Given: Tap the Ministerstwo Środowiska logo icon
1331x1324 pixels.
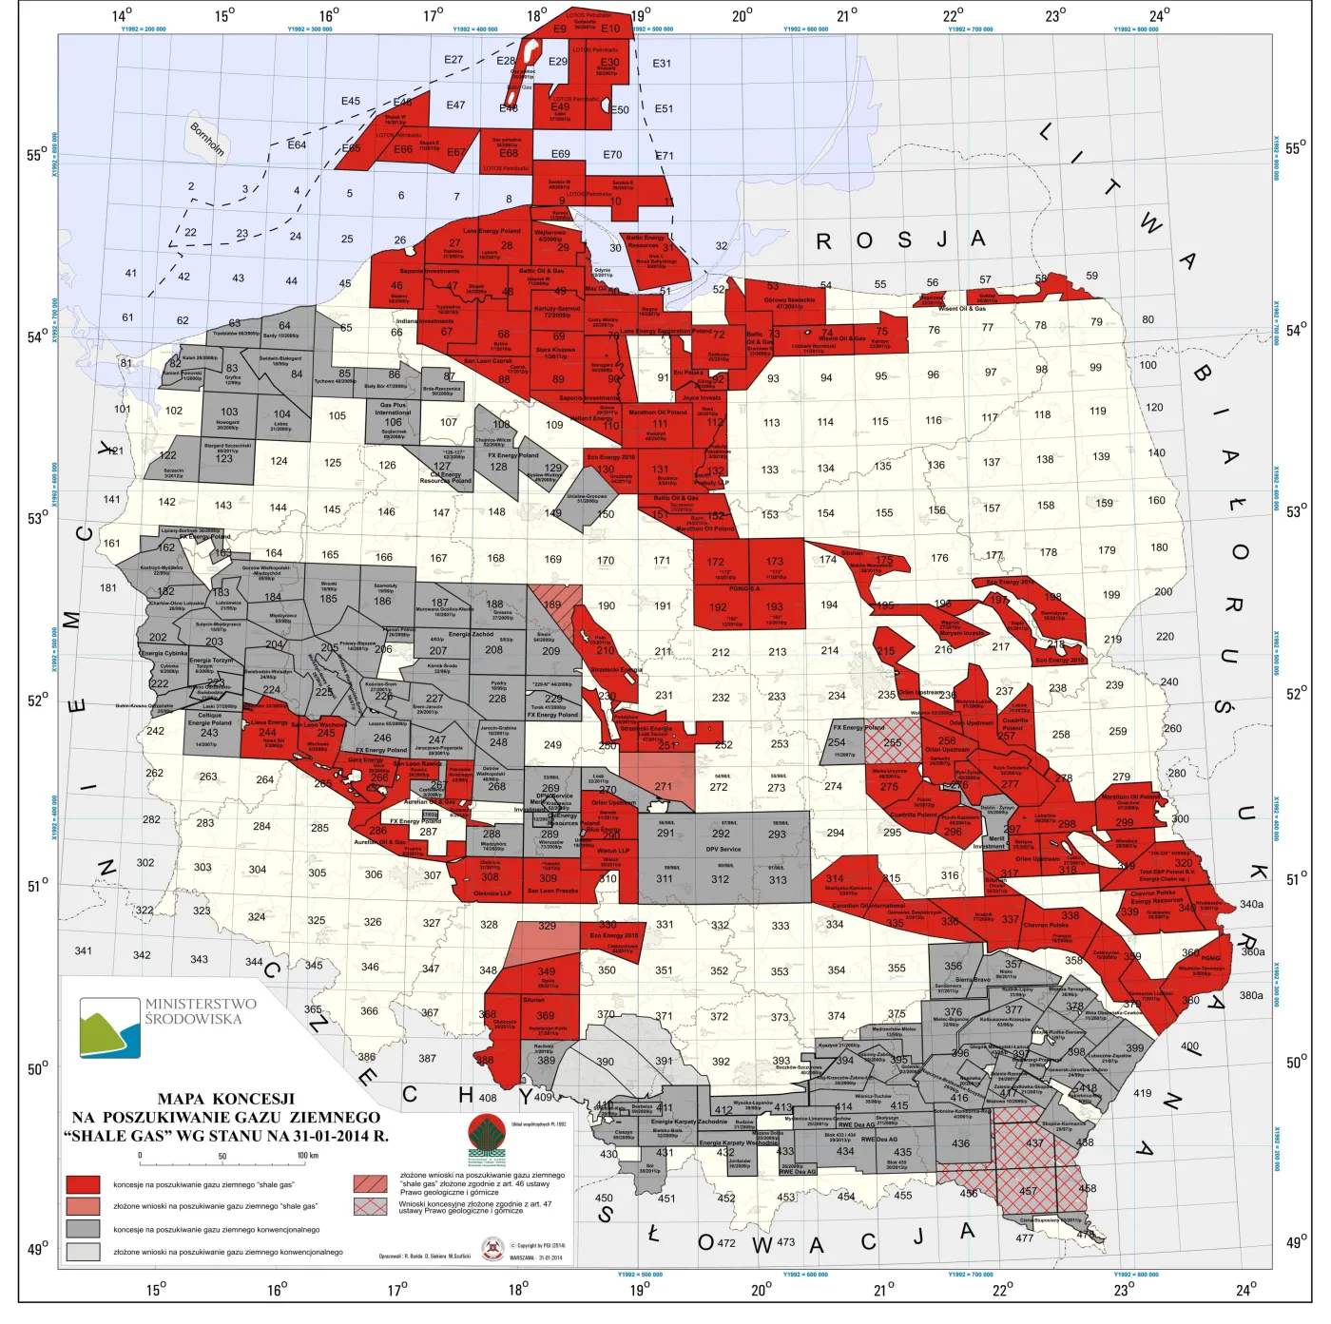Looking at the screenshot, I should pos(110,1027).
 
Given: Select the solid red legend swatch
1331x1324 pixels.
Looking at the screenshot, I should pos(83,1184).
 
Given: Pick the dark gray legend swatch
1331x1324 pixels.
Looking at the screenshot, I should pos(83,1229).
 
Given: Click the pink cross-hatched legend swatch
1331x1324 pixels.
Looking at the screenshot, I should pos(370,1206).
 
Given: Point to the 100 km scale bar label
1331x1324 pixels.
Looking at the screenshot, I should pos(307,1156).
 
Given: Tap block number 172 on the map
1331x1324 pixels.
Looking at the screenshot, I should pos(715,562).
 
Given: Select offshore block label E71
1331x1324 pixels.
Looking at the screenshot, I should pos(664,156).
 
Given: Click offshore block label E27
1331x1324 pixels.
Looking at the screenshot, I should pos(453,60).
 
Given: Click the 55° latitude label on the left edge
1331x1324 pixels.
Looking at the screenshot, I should pos(37,156).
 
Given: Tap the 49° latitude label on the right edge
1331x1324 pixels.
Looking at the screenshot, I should pos(1296,1242).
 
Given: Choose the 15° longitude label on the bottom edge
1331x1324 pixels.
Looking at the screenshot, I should pos(156,1289).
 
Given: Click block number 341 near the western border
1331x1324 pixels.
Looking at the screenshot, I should pos(84,950).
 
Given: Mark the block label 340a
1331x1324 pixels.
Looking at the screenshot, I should pos(1251,904).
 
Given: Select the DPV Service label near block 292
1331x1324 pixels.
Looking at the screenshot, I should pos(723,850).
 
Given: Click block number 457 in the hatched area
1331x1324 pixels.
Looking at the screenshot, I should pos(1028,1191).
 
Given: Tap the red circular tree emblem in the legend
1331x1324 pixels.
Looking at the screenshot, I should pos(487,1133).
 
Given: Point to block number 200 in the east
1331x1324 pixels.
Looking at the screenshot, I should pos(1163,591).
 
